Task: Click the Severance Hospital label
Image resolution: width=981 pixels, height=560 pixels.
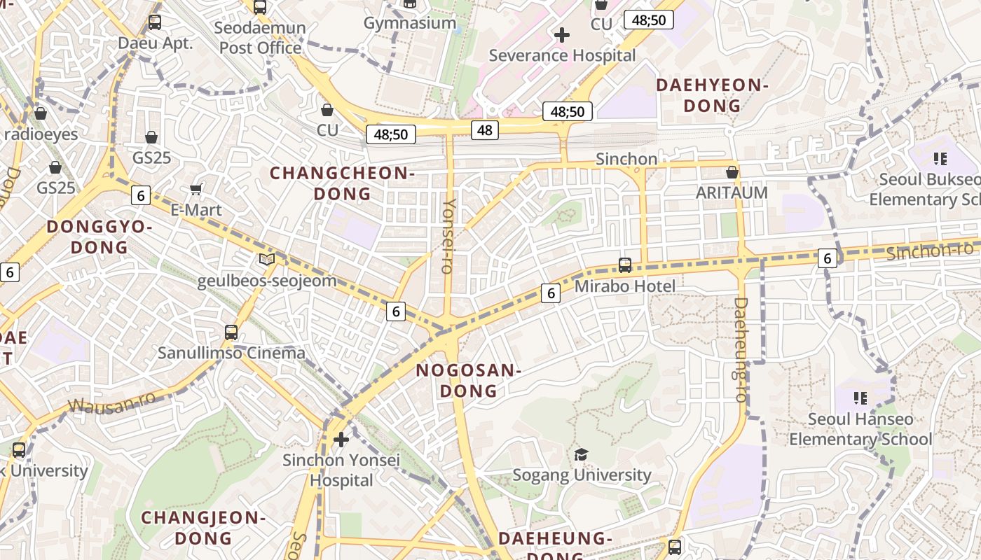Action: tap(562, 55)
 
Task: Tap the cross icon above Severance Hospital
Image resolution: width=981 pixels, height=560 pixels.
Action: tap(561, 34)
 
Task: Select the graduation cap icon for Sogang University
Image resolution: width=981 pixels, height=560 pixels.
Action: tap(581, 455)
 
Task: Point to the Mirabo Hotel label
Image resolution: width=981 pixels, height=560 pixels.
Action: tap(624, 286)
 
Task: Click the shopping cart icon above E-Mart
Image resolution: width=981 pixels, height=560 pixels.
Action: tap(196, 189)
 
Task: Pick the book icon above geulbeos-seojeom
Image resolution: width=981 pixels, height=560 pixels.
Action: tap(267, 260)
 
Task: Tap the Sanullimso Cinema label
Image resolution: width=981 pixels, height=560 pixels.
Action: tap(231, 353)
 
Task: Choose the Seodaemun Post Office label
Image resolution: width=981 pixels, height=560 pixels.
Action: tap(260, 38)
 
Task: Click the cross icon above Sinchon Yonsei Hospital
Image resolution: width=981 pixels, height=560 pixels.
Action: tap(341, 440)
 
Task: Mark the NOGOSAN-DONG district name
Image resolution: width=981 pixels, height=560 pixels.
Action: tap(468, 380)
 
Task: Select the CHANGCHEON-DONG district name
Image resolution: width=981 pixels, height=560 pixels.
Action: tap(342, 183)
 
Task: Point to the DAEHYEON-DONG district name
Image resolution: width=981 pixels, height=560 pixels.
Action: tap(712, 95)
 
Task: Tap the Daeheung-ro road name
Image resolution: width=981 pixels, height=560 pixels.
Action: tap(741, 349)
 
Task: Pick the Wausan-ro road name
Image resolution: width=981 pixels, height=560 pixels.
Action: tap(112, 402)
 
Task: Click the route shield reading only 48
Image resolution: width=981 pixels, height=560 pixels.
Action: tap(485, 129)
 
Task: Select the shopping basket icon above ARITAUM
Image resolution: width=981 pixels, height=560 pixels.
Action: tap(732, 172)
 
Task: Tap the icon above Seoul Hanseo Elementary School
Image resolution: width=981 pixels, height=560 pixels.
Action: tap(860, 398)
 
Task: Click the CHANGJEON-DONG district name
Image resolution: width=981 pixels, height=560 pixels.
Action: tap(203, 528)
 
